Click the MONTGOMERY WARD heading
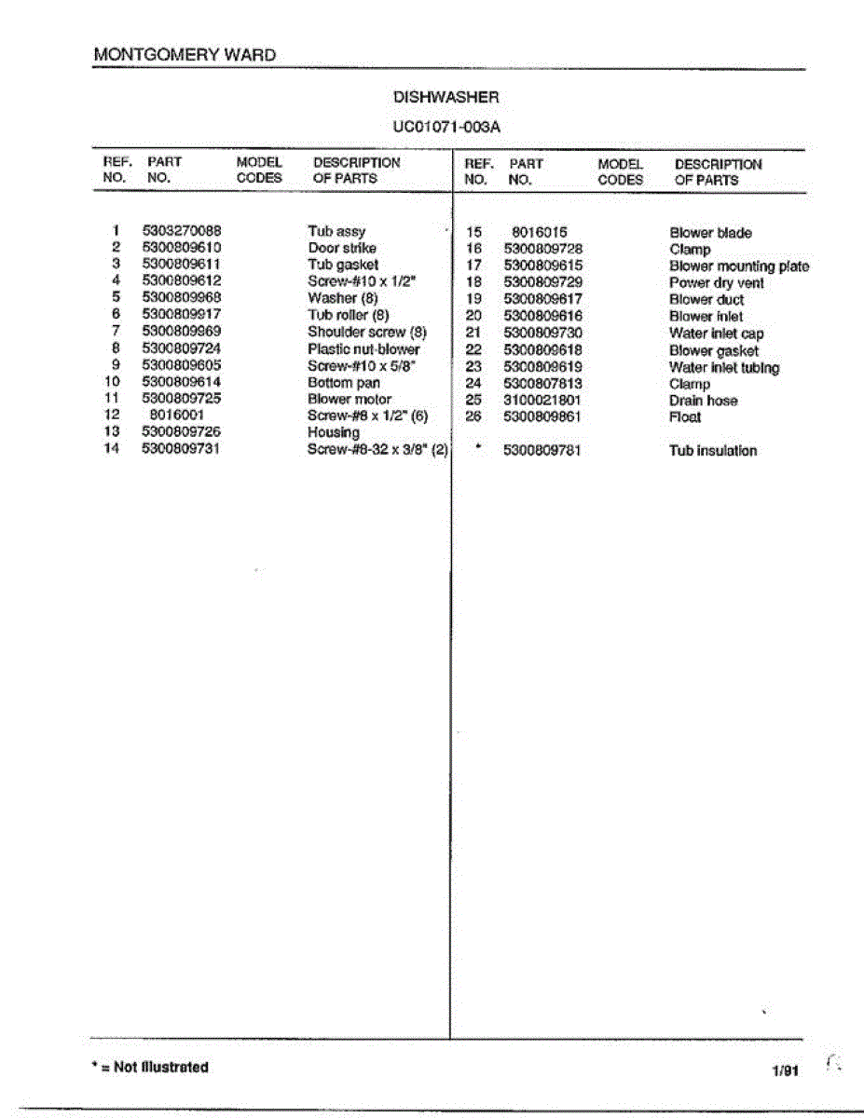185,54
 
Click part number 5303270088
182,231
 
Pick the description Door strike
342,248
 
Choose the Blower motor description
350,399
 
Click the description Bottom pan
344,382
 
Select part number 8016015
540,233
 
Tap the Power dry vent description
716,283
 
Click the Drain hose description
703,401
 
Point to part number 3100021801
542,401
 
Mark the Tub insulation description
712,451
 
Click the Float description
684,417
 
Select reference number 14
113,449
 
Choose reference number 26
473,417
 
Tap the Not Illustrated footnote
148,1067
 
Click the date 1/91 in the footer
785,1071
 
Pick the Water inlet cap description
716,334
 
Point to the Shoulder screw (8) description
366,332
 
